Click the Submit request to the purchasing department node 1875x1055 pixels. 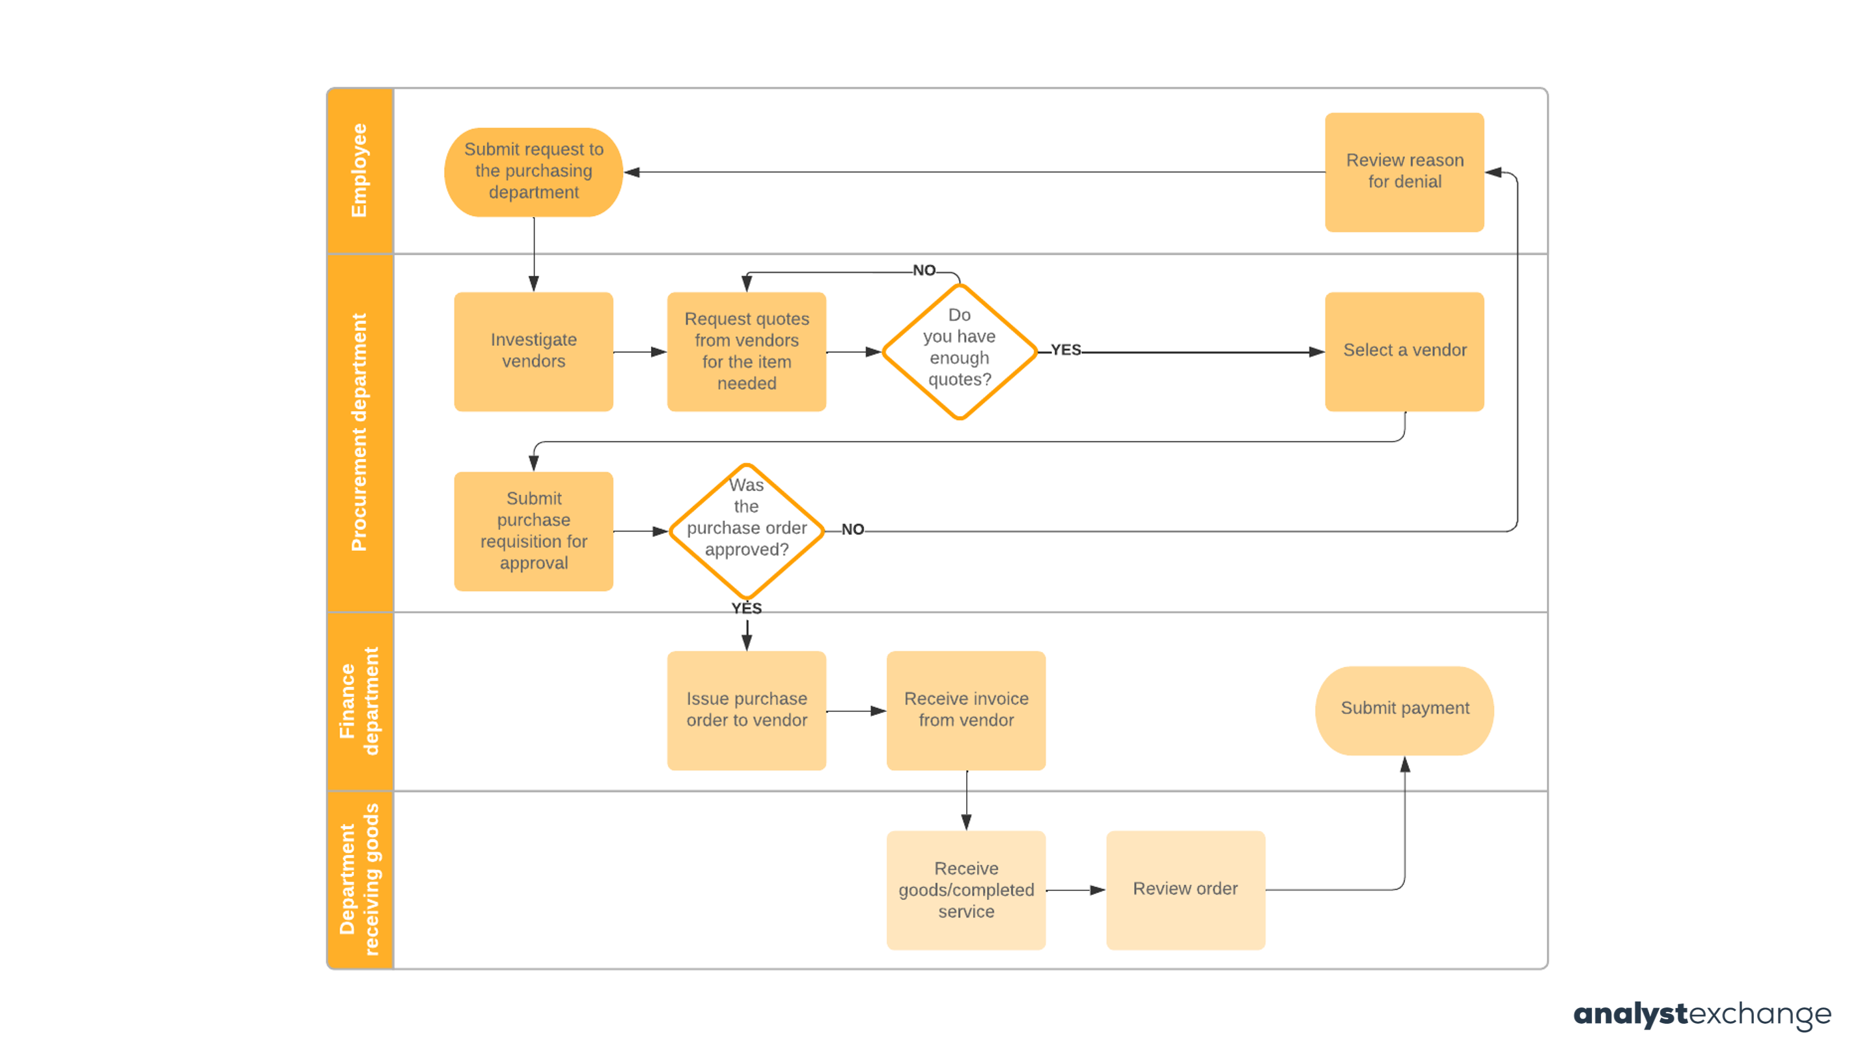[x=534, y=172]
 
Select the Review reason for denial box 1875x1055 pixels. [x=1404, y=172]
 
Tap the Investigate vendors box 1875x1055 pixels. [x=534, y=351]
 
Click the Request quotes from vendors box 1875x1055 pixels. [x=746, y=351]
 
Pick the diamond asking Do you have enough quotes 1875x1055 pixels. [x=960, y=351]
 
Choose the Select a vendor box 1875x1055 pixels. [x=1404, y=351]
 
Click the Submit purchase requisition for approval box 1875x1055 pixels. [x=534, y=531]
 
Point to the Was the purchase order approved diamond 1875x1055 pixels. [x=746, y=531]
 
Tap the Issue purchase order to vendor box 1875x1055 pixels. [x=746, y=710]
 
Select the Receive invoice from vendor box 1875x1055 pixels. [x=966, y=710]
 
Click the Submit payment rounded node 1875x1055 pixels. [x=1404, y=710]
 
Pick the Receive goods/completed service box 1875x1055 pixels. [x=966, y=889]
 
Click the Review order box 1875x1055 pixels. [x=1185, y=889]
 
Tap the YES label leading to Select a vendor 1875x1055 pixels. [x=1066, y=350]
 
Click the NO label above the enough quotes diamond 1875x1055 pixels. [x=924, y=270]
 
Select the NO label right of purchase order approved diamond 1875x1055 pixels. [x=852, y=529]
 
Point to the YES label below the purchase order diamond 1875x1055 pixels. [x=746, y=609]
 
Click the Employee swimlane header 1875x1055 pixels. [x=359, y=171]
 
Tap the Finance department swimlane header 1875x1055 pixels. [x=359, y=701]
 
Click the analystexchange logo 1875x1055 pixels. [x=1702, y=1013]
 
